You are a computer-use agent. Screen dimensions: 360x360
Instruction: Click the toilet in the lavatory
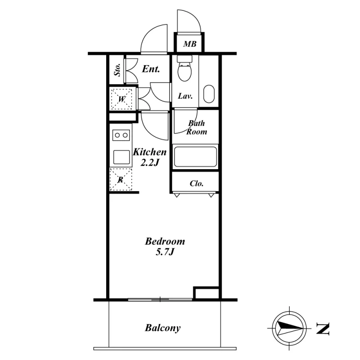point(184,68)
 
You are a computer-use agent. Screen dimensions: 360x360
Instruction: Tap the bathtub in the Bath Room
point(195,157)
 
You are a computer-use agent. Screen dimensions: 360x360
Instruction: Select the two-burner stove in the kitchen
point(121,135)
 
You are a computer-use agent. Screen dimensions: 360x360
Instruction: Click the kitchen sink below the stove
point(121,157)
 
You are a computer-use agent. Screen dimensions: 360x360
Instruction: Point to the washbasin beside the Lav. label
point(209,94)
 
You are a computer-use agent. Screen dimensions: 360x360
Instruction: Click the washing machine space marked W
point(121,99)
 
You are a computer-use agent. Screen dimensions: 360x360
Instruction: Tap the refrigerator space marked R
point(121,179)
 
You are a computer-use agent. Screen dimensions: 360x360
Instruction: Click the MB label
point(189,44)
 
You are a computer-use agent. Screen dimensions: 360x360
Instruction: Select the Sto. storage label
point(117,70)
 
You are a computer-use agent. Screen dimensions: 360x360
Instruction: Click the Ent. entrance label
point(151,69)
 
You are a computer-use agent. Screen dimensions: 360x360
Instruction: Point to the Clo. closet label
point(197,184)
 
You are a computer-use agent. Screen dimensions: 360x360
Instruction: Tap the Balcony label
point(162,328)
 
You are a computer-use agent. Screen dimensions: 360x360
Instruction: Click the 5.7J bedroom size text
point(165,252)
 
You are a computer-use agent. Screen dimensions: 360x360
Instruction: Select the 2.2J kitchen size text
point(150,163)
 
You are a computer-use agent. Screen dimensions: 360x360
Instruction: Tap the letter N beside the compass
point(323,328)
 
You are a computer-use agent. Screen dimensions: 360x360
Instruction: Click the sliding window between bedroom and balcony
point(160,299)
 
